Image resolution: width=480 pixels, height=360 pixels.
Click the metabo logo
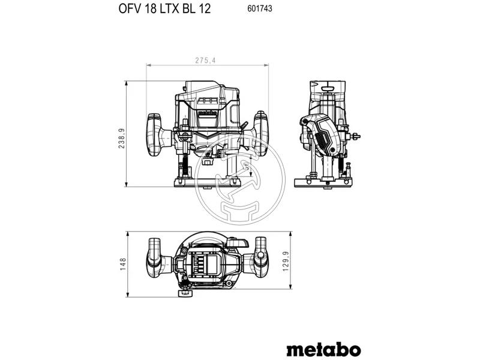coord(323,349)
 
